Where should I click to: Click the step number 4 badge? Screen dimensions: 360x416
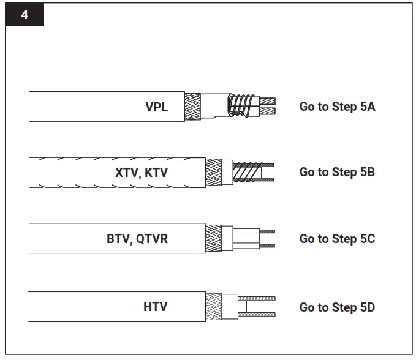click(x=25, y=14)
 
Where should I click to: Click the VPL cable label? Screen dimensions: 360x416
click(x=157, y=107)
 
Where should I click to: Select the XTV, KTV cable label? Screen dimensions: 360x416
click(x=142, y=173)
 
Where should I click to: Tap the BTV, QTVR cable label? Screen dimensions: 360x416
click(x=137, y=239)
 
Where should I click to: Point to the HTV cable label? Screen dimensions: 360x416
click(x=156, y=306)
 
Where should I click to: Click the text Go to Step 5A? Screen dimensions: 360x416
click(x=337, y=107)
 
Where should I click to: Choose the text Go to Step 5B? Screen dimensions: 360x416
click(x=337, y=173)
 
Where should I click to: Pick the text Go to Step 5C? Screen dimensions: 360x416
click(x=337, y=239)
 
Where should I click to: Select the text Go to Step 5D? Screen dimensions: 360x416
click(x=337, y=307)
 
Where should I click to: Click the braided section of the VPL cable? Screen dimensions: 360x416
click(x=193, y=107)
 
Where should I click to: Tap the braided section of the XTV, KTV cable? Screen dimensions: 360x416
click(x=213, y=173)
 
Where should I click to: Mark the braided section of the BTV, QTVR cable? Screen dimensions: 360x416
click(x=213, y=239)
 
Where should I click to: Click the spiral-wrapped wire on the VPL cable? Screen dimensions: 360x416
click(x=240, y=105)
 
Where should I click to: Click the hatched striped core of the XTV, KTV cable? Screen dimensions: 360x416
click(x=245, y=172)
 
